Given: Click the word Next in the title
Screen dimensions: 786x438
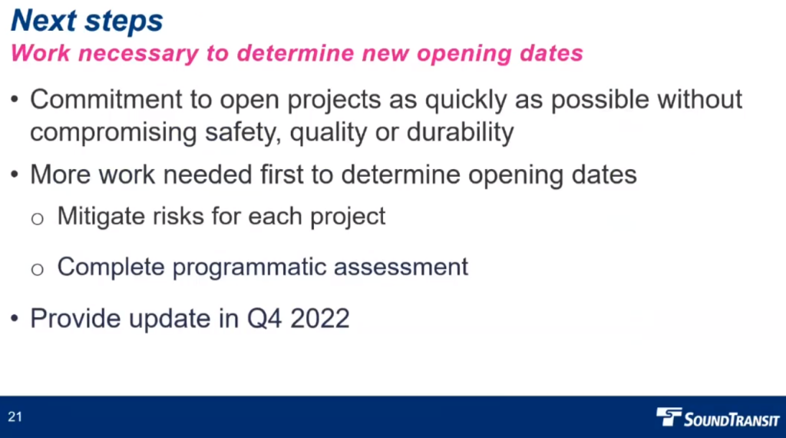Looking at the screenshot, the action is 44,21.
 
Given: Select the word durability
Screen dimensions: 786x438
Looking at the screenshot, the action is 461,133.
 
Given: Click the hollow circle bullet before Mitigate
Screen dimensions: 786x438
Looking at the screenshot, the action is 37,219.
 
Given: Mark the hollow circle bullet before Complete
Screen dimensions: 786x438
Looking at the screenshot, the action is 37,270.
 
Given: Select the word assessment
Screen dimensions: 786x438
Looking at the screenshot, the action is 401,267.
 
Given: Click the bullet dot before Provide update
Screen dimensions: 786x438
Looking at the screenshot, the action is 15,318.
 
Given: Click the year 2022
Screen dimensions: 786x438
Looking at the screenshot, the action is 320,319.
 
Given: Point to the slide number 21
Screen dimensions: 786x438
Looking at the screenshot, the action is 15,417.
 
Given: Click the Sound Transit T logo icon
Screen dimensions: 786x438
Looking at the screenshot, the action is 669,416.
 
